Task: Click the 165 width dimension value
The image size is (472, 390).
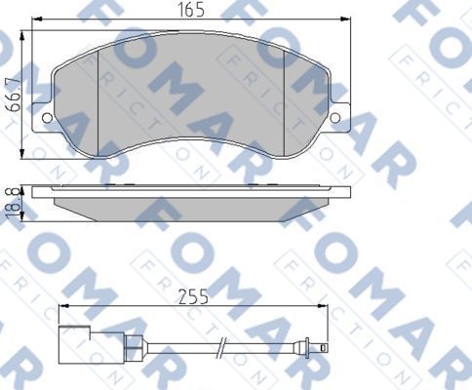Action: pyautogui.click(x=190, y=11)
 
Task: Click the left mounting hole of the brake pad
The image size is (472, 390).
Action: pyautogui.click(x=48, y=117)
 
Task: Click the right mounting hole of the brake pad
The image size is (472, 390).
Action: pyautogui.click(x=335, y=119)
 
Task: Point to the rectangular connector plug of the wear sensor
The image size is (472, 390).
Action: pyautogui.click(x=74, y=342)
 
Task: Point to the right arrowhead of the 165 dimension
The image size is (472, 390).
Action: pyautogui.click(x=346, y=21)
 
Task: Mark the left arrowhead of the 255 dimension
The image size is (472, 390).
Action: pyautogui.click(x=63, y=308)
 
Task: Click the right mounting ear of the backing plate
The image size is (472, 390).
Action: pyautogui.click(x=337, y=117)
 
